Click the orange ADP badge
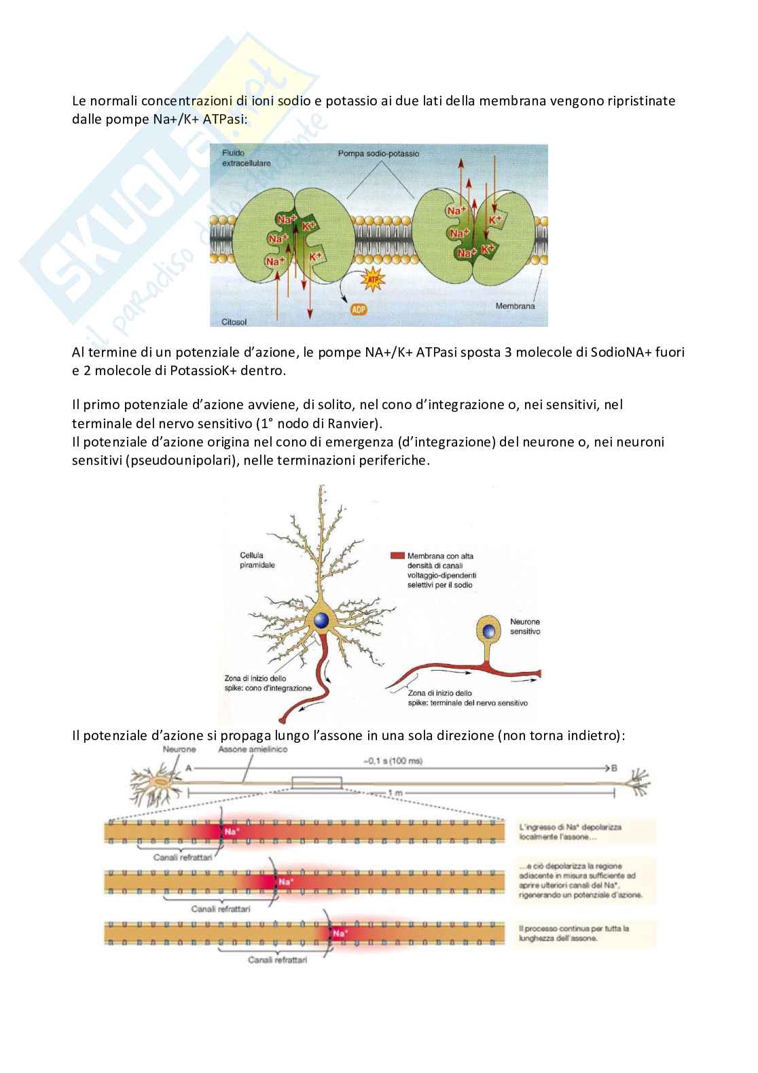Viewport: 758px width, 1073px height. click(x=359, y=310)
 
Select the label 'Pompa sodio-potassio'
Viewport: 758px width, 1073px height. click(x=378, y=154)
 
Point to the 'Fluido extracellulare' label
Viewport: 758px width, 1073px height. click(x=237, y=158)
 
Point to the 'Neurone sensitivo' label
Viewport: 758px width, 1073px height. click(x=524, y=626)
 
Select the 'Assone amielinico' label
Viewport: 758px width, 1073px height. click(x=243, y=750)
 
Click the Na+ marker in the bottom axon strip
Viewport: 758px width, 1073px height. click(x=339, y=932)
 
